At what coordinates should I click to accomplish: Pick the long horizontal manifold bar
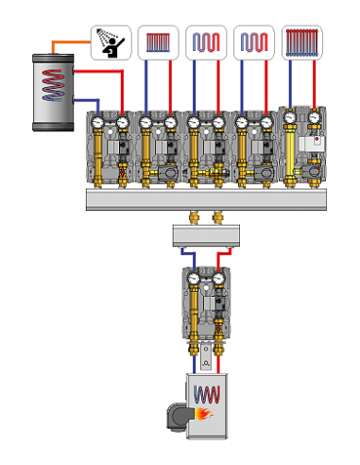(x=202, y=199)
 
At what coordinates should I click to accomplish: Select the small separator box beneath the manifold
(x=205, y=236)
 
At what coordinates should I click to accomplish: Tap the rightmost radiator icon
(x=301, y=43)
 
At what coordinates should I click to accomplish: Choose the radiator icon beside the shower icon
(x=158, y=43)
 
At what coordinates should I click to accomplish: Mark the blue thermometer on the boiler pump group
(x=194, y=279)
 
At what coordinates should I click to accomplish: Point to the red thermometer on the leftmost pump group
(x=123, y=122)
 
